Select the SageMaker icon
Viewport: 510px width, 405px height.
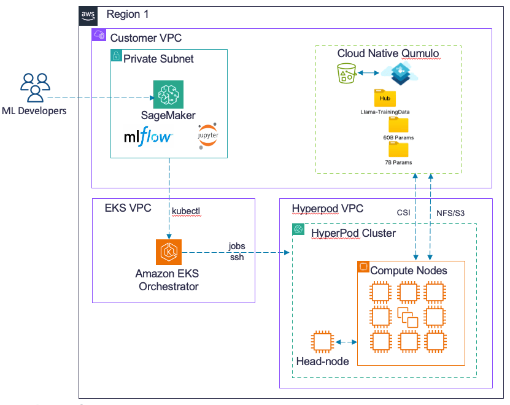click(x=168, y=96)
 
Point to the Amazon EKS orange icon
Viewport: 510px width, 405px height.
click(x=168, y=252)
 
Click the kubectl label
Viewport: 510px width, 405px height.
click(x=186, y=212)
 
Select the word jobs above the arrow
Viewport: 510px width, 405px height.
click(x=236, y=245)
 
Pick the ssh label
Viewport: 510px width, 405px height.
click(x=236, y=256)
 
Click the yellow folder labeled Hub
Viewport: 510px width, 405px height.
click(x=385, y=98)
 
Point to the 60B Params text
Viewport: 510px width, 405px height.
click(x=398, y=138)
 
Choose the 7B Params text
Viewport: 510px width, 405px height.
click(x=398, y=163)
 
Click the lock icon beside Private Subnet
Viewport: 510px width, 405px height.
click(x=116, y=56)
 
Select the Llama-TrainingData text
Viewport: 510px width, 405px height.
click(x=385, y=112)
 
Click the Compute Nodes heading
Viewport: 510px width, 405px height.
click(x=409, y=270)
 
